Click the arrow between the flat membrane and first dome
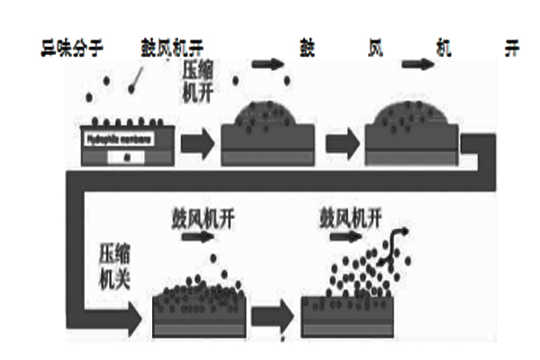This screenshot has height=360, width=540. (x=198, y=142)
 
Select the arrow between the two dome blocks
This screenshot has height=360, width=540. (x=341, y=142)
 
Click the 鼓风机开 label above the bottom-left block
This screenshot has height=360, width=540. (x=198, y=219)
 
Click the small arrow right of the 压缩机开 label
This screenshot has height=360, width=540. (x=265, y=64)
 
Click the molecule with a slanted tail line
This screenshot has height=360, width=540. (x=136, y=83)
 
